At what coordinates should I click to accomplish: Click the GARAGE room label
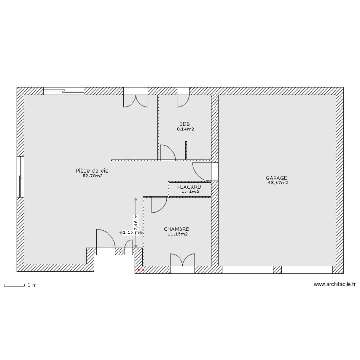click(x=276, y=177)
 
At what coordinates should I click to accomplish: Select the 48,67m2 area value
click(x=278, y=182)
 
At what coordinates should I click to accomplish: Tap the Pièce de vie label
click(x=92, y=170)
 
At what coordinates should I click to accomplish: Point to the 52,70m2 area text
click(x=93, y=176)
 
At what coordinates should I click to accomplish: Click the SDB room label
click(x=184, y=124)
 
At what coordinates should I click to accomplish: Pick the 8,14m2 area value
click(x=185, y=129)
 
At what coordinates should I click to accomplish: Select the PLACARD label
click(x=189, y=187)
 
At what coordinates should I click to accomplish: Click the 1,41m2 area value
click(x=190, y=192)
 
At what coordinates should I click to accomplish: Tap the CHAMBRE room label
click(x=176, y=229)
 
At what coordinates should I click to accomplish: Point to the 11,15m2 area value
click(x=177, y=235)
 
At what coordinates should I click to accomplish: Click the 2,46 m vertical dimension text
click(x=136, y=222)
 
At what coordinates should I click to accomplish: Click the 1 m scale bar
click(x=14, y=285)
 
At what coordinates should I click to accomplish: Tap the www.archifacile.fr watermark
click(x=335, y=285)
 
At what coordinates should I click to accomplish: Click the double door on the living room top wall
click(x=136, y=98)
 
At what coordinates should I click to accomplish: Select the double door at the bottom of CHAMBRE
click(x=183, y=261)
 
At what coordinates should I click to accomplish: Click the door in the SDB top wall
click(x=183, y=98)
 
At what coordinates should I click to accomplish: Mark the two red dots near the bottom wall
click(x=141, y=270)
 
